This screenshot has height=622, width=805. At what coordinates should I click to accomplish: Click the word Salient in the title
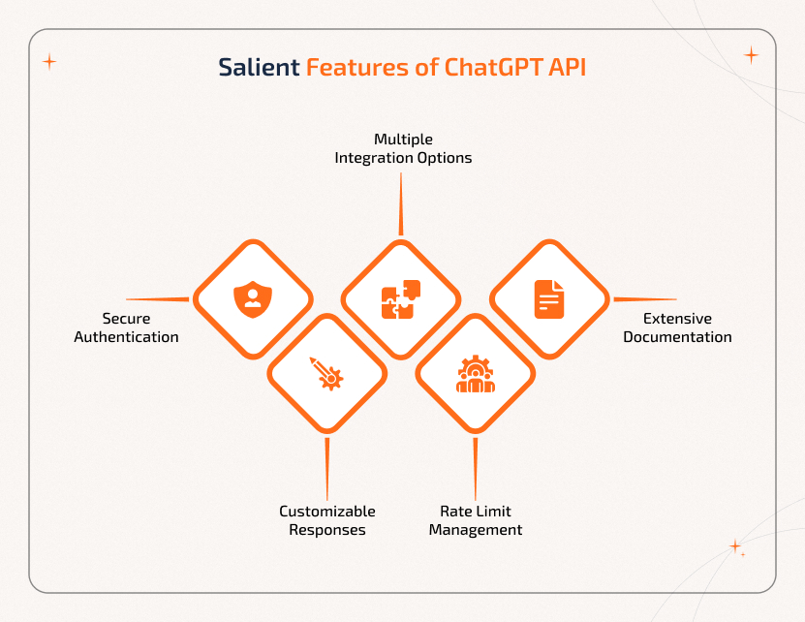(259, 68)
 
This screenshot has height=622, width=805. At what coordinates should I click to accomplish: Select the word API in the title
(567, 68)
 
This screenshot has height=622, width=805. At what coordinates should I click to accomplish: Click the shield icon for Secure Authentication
(253, 299)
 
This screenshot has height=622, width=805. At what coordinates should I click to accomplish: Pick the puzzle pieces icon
(401, 299)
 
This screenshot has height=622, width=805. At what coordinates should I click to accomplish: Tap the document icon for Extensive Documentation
(549, 299)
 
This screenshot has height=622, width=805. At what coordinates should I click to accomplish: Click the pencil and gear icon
(326, 373)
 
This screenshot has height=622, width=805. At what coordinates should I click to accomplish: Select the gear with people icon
(476, 373)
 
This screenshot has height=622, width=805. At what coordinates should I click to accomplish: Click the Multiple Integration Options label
(403, 148)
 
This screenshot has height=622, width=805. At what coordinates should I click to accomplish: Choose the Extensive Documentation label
(677, 327)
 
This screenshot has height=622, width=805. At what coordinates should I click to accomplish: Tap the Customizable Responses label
(327, 520)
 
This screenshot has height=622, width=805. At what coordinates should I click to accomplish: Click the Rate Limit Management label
(476, 520)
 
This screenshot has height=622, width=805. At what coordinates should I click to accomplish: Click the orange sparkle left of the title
(49, 62)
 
